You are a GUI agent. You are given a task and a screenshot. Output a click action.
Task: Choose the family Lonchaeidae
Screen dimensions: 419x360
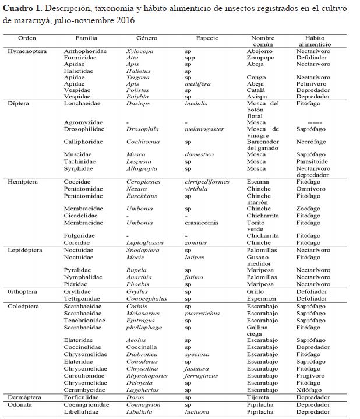(x=86, y=103)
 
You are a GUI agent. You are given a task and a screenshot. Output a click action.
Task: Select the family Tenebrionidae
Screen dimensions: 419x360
(x=84, y=320)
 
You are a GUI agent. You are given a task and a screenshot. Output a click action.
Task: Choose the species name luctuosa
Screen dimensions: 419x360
(x=197, y=411)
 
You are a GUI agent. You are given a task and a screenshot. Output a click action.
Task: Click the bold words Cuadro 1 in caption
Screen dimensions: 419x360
(x=22, y=10)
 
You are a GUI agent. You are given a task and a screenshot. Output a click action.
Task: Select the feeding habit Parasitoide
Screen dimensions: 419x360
(x=312, y=161)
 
